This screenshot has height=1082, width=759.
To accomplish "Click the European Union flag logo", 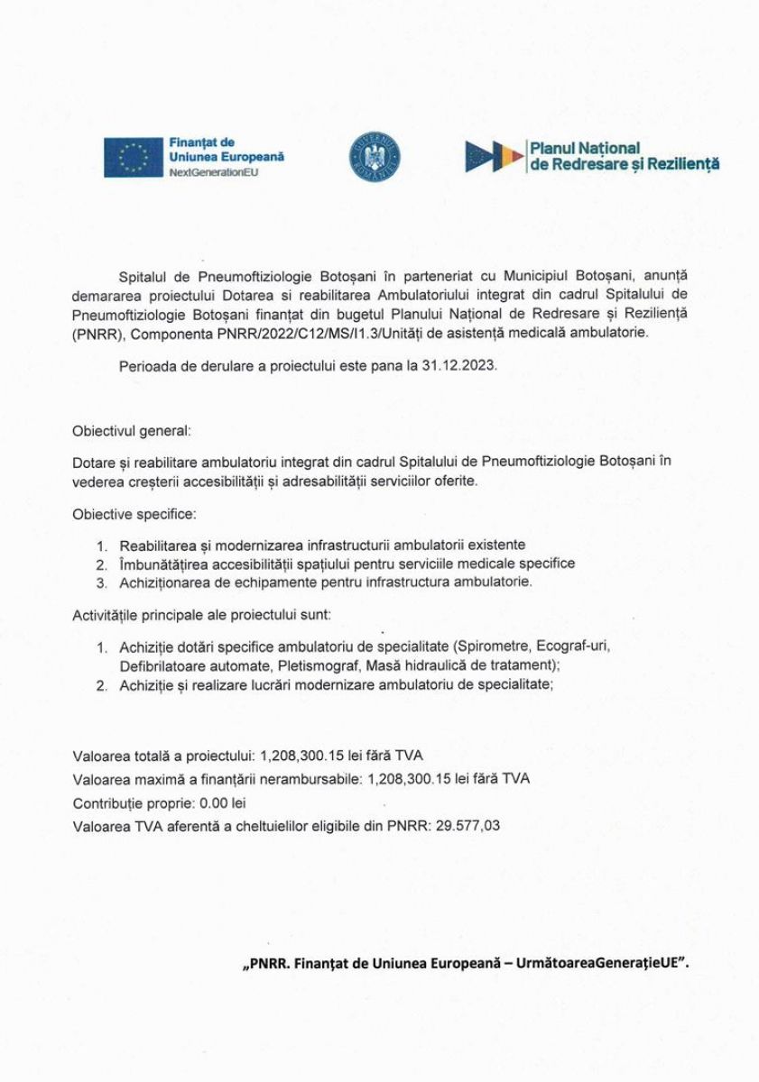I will (134, 157).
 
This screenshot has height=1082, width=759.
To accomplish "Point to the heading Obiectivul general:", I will (132, 431).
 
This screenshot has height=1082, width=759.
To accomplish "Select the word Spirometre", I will (494, 647).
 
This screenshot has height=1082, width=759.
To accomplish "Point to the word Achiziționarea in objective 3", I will (164, 582).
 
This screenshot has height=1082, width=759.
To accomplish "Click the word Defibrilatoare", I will (160, 665).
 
